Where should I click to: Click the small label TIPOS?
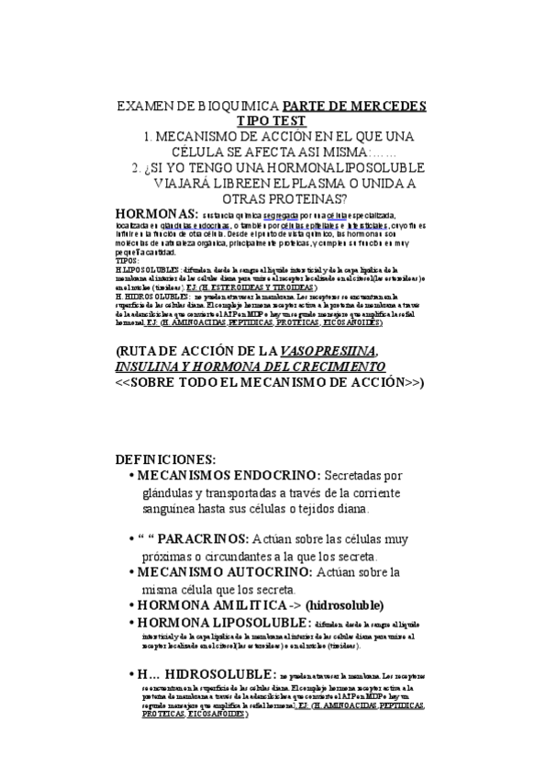coord(128,261)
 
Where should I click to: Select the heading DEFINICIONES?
coord(165,458)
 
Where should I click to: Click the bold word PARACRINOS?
coord(209,540)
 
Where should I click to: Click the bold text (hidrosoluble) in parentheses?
coord(332,605)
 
